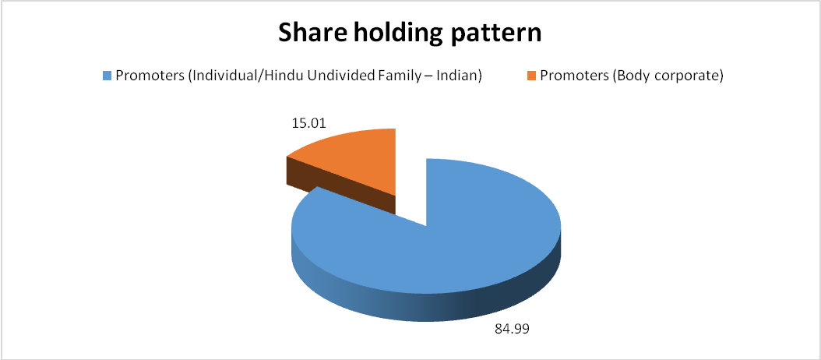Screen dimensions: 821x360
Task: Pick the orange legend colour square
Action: [x=531, y=76]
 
